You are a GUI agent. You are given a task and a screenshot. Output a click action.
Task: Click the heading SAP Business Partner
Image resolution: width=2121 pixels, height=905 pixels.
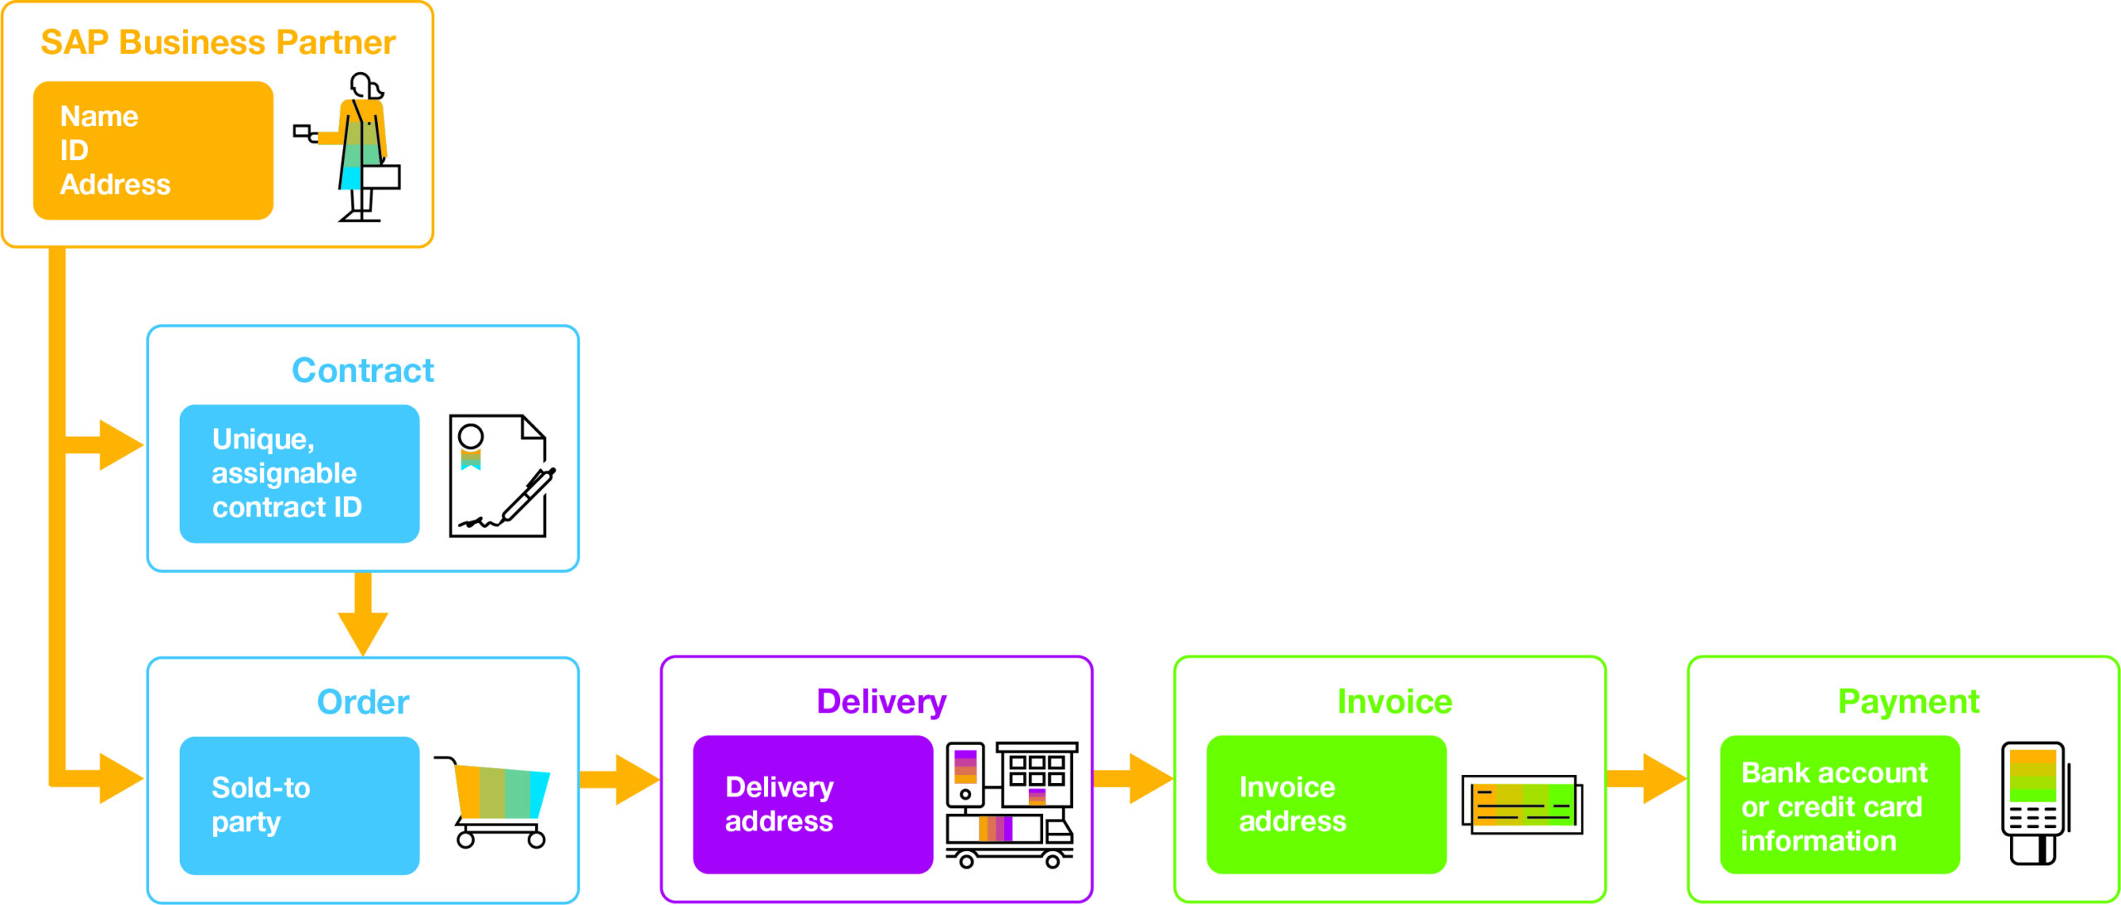click(218, 43)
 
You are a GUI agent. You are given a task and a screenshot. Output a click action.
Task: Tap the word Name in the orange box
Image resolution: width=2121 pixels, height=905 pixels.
click(99, 117)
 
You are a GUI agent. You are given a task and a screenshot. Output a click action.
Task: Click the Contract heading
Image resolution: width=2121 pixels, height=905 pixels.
click(362, 370)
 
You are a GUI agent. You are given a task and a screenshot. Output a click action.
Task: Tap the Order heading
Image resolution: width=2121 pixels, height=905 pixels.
click(362, 703)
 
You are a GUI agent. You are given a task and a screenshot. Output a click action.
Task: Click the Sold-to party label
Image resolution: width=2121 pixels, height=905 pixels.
click(260, 804)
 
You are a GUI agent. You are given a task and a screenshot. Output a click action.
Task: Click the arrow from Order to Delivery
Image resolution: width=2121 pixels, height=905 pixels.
click(621, 779)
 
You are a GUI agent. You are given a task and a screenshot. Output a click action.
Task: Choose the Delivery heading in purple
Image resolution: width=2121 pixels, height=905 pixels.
click(881, 702)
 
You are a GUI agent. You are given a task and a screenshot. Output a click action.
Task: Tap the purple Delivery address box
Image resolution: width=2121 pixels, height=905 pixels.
click(812, 804)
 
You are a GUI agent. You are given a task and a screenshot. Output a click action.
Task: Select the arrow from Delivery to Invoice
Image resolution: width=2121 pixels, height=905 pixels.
click(1135, 779)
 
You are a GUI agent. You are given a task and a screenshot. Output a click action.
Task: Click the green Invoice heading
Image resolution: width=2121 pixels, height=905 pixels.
click(1394, 702)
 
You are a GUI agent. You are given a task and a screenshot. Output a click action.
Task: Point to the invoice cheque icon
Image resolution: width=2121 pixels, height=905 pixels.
click(1522, 804)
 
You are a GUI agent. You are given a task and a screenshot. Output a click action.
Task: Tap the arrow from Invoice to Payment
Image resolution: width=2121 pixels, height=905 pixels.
click(1649, 779)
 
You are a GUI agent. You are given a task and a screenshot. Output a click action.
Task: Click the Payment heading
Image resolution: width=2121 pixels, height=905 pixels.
click(1908, 702)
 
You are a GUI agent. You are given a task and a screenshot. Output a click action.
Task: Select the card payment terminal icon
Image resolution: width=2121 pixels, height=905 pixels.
click(2033, 802)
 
